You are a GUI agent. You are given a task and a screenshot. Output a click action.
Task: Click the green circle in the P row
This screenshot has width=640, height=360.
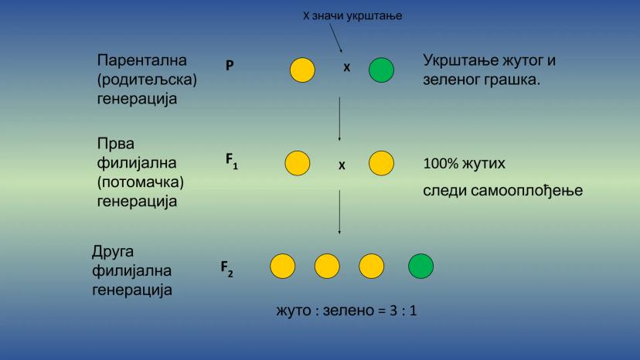point(381,70)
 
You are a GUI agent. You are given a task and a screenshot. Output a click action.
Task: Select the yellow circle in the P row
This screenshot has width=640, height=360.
point(302,70)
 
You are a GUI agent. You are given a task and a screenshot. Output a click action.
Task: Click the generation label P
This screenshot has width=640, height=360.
point(230,66)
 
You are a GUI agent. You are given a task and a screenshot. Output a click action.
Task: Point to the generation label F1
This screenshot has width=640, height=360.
point(231,161)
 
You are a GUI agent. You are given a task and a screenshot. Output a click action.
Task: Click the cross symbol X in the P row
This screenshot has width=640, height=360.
point(346,68)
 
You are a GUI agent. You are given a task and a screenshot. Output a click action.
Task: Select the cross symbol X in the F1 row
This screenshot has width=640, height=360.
point(341,165)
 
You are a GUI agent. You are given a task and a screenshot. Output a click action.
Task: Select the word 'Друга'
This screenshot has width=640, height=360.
point(114,253)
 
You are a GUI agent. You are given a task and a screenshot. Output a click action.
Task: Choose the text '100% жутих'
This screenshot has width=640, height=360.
point(465,165)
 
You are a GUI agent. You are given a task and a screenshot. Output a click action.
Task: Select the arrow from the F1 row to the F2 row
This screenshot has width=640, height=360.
point(339,213)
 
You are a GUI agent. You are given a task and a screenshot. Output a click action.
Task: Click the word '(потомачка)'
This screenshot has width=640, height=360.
point(145,182)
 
